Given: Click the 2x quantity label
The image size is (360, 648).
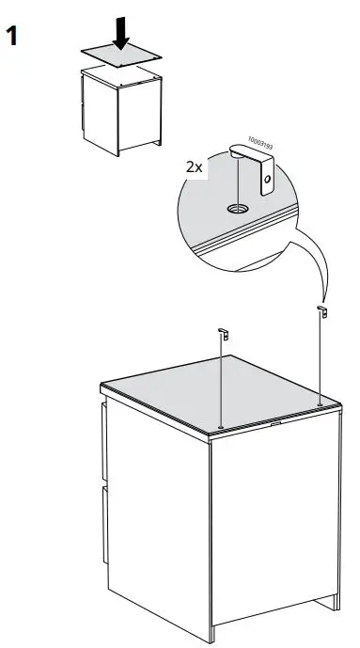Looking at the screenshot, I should pos(195,166).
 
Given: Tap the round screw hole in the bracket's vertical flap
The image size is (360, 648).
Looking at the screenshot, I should pos(268,177).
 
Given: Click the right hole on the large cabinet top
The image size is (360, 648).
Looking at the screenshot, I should pos(321,403).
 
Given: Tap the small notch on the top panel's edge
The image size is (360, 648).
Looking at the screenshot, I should pos(274,423).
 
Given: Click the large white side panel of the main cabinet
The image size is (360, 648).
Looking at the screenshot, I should pos(273,527).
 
